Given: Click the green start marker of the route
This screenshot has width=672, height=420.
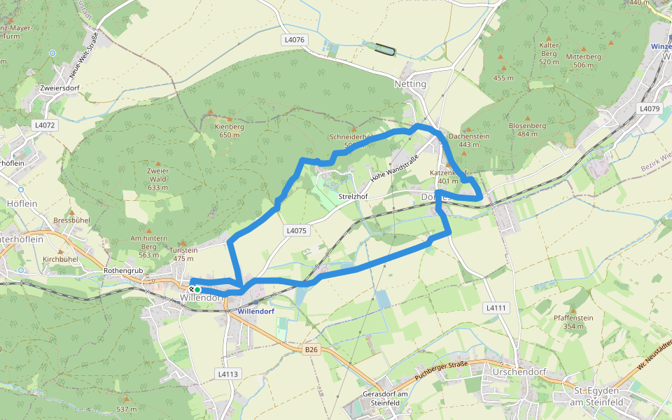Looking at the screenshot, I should click(x=197, y=289).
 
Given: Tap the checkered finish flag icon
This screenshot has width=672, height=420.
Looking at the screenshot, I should click(x=191, y=288).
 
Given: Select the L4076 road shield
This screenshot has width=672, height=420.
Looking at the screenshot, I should click(x=295, y=40).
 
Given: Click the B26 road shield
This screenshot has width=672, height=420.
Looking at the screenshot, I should click(x=311, y=349).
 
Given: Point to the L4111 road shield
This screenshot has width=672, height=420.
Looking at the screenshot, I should click(x=496, y=307).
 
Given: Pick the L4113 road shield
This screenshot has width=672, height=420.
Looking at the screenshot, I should click(x=228, y=374).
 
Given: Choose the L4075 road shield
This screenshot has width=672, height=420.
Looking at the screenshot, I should click(x=296, y=230).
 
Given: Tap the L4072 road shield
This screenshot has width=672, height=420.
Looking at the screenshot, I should click(x=43, y=125).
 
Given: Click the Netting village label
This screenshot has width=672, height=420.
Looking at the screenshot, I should click(x=410, y=84).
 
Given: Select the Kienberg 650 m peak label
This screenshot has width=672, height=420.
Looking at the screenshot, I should click(x=230, y=131).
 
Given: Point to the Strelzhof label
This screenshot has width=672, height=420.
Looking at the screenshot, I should click(x=353, y=197).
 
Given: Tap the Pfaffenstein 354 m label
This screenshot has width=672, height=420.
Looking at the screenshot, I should click(x=573, y=322).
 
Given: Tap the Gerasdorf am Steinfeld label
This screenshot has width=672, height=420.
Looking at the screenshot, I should click(x=381, y=398).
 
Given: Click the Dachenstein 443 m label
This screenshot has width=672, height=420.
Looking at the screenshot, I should click(x=468, y=140).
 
